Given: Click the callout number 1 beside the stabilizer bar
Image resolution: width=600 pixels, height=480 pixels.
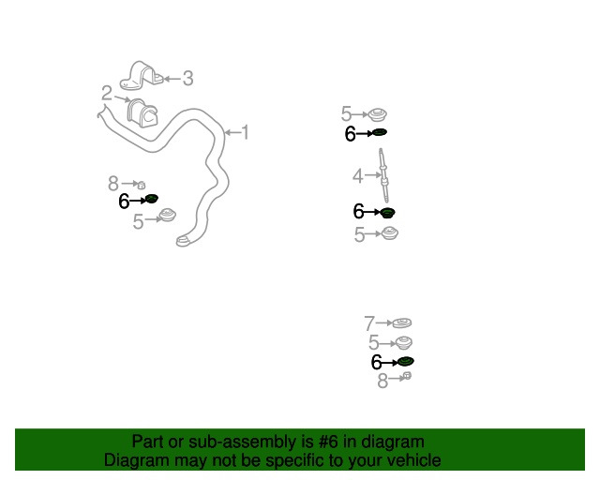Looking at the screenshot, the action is point(245,132).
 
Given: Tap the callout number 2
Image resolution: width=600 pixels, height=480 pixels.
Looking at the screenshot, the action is point(107,93).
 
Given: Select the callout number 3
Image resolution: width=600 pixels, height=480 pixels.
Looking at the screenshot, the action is point(187,79).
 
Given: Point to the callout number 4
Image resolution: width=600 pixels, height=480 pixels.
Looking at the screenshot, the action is point(358,176).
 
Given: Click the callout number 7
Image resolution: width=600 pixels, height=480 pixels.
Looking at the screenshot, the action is point(369,323).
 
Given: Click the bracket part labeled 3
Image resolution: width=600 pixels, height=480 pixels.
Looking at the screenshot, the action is point(141,76).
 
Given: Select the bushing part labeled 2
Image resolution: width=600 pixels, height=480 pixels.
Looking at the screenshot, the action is point(142,113).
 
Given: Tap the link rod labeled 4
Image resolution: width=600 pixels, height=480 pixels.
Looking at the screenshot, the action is point(383,175).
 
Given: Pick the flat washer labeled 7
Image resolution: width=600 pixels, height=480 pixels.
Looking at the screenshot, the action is point(402,323).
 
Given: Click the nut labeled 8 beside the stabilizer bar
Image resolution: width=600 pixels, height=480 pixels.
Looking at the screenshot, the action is point(142,186).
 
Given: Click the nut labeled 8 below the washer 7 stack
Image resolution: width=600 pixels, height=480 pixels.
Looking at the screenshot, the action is point(407,376).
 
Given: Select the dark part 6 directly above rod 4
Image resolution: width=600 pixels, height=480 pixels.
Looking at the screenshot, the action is point(380,132).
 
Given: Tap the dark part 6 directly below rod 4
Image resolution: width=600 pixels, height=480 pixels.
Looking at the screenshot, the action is point(387,213).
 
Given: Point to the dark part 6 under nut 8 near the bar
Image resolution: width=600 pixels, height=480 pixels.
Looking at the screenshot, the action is point(152,199).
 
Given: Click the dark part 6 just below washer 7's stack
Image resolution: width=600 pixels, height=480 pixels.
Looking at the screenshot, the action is point(406,361).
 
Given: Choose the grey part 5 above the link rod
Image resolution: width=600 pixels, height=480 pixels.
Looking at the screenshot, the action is point(378,114).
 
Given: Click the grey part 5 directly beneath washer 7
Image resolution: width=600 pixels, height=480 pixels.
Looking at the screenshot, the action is point(403,342).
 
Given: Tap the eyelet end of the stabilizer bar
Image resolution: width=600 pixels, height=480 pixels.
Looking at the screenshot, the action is point(184,242).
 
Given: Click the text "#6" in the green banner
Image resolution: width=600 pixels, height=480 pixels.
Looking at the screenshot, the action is point(328,442).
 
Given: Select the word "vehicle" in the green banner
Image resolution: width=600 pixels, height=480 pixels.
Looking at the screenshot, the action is point(417,460).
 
